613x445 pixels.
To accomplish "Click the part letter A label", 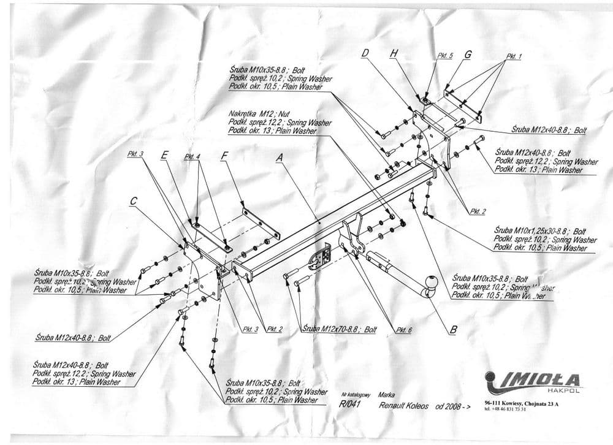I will tap(280, 158).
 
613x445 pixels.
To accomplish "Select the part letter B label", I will tap(453, 330).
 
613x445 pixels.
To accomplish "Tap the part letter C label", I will tap(134, 200).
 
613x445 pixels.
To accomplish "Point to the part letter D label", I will tap(365, 54).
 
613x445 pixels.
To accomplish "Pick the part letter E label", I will tap(164, 156).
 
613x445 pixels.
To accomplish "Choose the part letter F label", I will tap(224, 156).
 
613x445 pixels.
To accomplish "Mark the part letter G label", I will tap(468, 55).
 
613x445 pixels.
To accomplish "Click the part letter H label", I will tap(394, 54).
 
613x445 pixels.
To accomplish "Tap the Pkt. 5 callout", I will tap(444, 56).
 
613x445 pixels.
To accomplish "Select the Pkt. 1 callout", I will tap(513, 56).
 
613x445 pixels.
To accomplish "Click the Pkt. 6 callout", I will tap(403, 330).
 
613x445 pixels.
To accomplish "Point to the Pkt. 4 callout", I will tap(192, 157).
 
